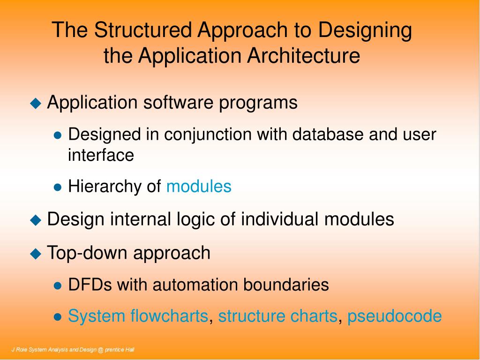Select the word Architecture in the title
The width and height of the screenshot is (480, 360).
coord(304,56)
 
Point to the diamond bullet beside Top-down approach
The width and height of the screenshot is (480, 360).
coord(36,254)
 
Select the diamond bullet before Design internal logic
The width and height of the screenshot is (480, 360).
coord(36,220)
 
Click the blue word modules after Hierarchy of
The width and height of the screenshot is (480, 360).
coord(199,187)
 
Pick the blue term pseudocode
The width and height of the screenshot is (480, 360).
coord(394,316)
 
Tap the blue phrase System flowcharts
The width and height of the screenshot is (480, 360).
coord(138,316)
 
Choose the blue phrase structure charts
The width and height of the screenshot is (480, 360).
coord(277,316)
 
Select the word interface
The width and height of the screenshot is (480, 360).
coord(101,155)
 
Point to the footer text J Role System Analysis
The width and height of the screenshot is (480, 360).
coord(73,350)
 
